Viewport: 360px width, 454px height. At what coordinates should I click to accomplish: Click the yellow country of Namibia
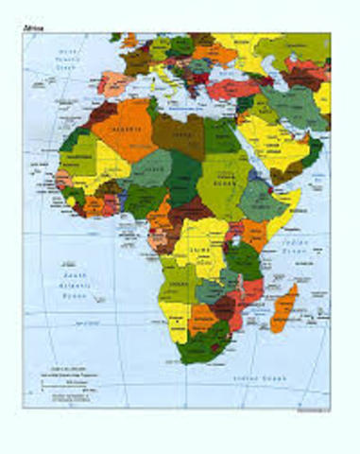coord(176,322)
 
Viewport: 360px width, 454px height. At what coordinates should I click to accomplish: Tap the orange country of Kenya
coord(255,232)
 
